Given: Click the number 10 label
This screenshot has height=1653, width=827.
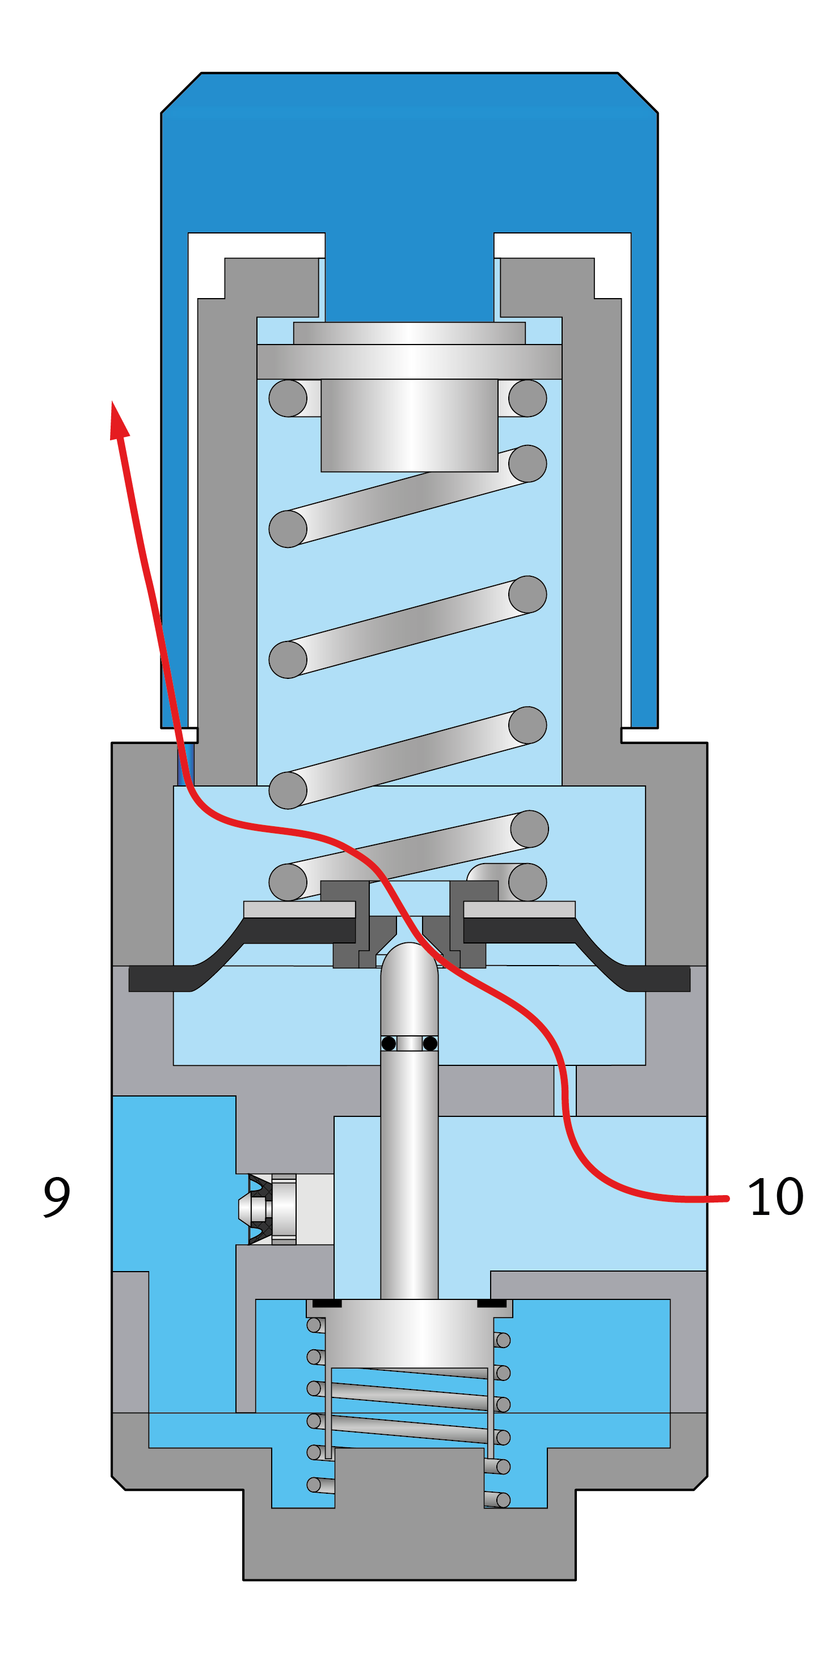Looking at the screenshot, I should coord(775,1197).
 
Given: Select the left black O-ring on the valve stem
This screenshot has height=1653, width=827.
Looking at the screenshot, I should coord(389,1043).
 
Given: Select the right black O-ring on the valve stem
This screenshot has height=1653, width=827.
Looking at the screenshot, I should coord(430,1043).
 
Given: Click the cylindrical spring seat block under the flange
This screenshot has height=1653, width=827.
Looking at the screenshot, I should coord(409,425).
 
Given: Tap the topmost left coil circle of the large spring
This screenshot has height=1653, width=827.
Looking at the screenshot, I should coord(288,398).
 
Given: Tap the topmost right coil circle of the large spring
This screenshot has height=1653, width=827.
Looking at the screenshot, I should coord(528,398).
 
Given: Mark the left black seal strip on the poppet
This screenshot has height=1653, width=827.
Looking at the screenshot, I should coord(327,1303).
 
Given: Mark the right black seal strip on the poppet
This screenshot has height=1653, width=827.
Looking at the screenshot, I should coord(492,1303).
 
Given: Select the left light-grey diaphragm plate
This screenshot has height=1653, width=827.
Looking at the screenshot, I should coord(299,910).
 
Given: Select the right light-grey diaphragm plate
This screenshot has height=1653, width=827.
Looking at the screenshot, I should coord(520,910).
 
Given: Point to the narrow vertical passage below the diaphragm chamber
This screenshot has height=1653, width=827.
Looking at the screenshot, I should coord(565,1090).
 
